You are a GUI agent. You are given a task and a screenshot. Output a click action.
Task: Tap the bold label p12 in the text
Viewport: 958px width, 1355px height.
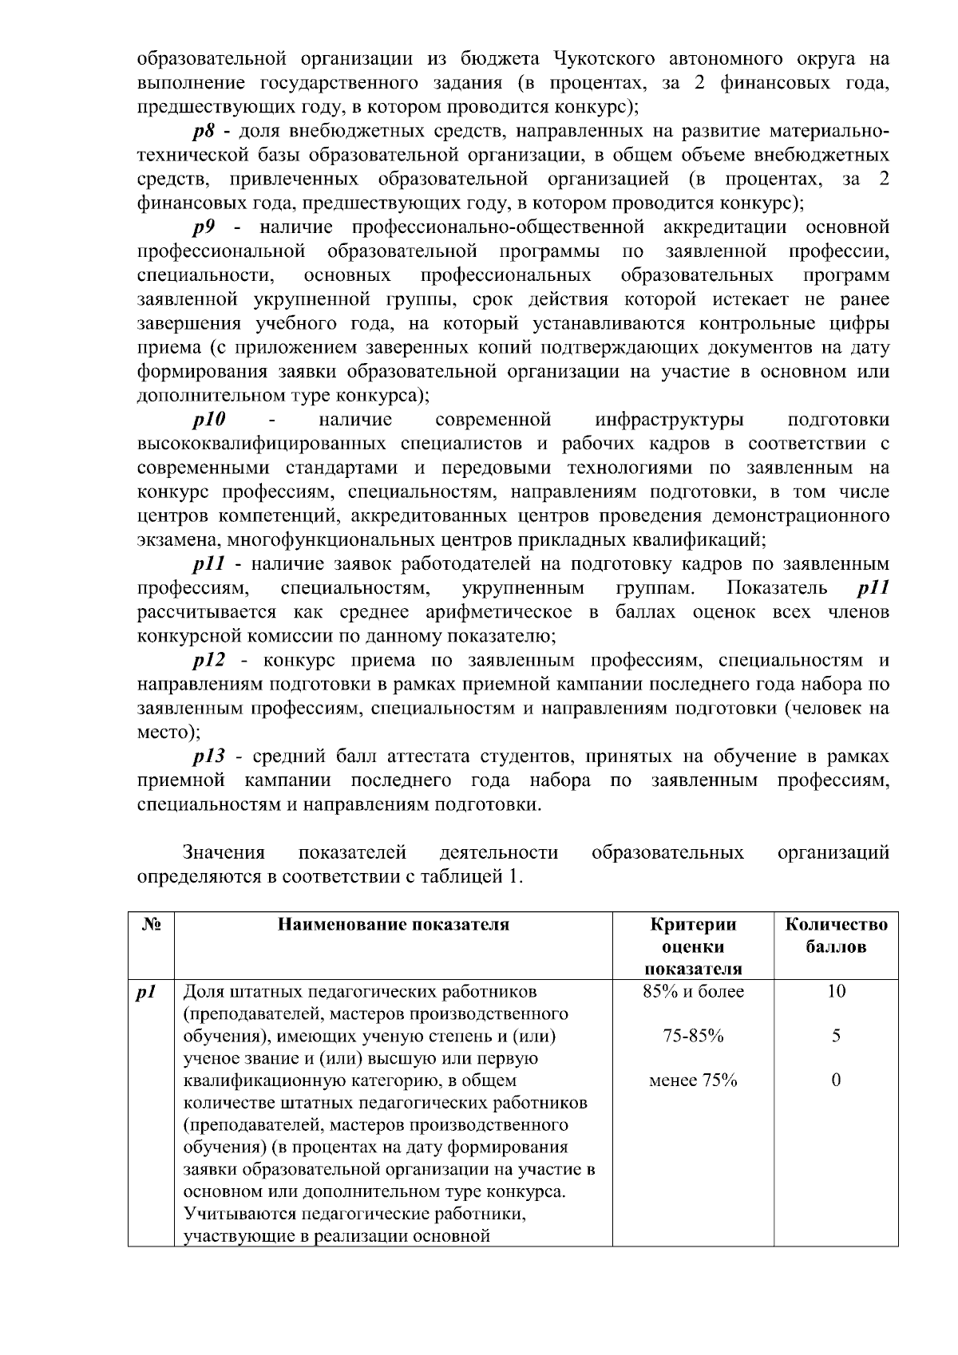[209, 661]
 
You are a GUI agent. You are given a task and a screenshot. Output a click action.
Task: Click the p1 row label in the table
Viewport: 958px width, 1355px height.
[145, 992]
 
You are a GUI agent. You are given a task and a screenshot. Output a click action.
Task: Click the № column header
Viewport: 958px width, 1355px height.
[151, 925]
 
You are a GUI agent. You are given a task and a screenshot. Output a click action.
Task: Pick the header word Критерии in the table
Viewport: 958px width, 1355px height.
[693, 925]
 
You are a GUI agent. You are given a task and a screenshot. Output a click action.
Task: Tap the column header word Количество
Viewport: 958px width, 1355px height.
[836, 925]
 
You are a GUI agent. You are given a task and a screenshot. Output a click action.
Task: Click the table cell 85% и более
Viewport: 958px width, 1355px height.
[693, 992]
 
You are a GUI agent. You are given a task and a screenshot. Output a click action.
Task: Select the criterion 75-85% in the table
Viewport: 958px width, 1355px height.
[693, 1037]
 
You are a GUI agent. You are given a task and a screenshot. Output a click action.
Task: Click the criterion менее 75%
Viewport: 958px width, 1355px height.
[693, 1081]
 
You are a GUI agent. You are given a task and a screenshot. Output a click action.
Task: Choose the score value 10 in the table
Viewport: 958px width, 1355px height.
[836, 992]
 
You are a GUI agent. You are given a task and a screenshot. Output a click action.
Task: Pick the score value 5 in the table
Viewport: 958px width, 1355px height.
[836, 1037]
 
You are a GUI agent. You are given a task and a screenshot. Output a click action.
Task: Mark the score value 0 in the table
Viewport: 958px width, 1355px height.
[836, 1081]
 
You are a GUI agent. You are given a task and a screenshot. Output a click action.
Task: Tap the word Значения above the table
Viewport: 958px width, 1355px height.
[224, 853]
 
